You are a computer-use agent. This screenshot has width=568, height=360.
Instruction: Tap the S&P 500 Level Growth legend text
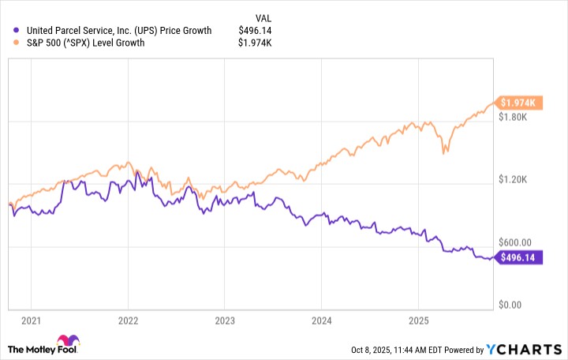tap(85, 43)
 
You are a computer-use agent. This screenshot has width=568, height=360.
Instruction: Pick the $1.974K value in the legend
tap(254, 43)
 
